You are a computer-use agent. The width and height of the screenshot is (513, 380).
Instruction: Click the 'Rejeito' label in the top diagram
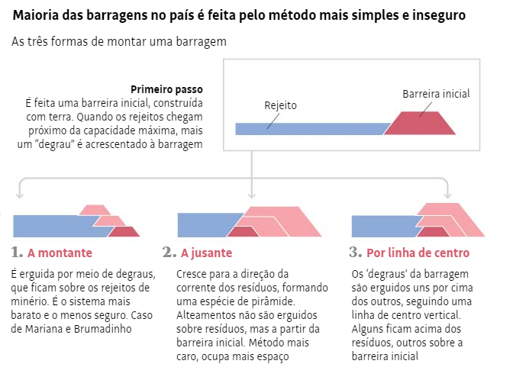pyautogui.click(x=280, y=105)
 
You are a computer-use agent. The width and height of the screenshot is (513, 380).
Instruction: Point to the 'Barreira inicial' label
pyautogui.click(x=436, y=94)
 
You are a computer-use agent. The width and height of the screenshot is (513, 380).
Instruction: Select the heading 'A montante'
pyautogui.click(x=60, y=253)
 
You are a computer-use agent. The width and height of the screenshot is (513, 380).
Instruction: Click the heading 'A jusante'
pyautogui.click(x=207, y=253)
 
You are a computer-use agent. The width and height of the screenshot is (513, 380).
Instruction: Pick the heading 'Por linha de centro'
pyautogui.click(x=418, y=253)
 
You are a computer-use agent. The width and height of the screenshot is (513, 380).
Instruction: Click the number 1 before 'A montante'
pyautogui.click(x=17, y=253)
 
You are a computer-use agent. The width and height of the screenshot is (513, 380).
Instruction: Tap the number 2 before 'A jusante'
pyautogui.click(x=169, y=253)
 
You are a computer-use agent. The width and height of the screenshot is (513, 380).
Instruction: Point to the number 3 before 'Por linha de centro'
pyautogui.click(x=355, y=253)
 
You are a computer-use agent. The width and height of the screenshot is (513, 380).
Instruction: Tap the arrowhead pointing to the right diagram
pyautogui.click(x=448, y=195)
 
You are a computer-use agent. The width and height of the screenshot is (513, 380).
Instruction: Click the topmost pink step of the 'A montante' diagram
pyautogui.click(x=95, y=210)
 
